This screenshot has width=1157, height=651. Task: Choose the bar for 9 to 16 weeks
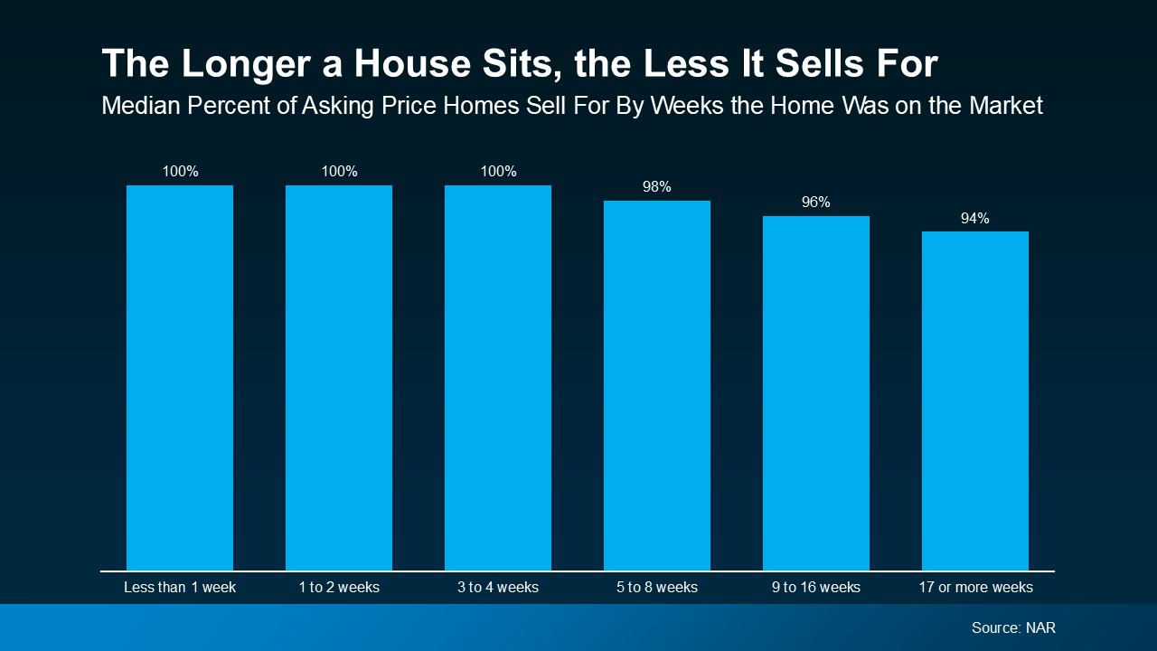point(816,393)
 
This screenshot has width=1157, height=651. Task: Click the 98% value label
point(657,187)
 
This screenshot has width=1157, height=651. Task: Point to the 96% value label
point(816,203)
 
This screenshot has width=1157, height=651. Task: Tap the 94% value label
point(975,218)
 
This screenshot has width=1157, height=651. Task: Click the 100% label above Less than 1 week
point(180,172)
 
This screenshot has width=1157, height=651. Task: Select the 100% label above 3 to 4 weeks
point(498,172)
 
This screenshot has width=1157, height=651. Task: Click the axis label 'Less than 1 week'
point(180,588)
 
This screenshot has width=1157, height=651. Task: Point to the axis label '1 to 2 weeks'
point(339,588)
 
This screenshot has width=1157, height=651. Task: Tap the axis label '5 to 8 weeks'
point(657,588)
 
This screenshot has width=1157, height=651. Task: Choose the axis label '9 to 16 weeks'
point(816,588)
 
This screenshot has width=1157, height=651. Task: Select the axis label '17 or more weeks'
point(975,588)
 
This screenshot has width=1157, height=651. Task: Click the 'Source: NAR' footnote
point(1013,627)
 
